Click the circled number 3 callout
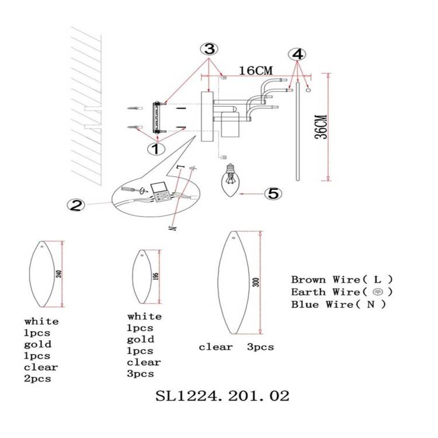209,50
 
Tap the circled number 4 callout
297,54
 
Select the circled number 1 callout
156,148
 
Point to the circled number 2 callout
76,206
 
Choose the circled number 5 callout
273,193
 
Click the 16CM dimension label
256,71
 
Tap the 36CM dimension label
321,127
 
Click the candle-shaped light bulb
231,180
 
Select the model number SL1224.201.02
222,396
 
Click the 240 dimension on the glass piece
58,274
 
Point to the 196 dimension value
156,276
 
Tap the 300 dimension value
258,283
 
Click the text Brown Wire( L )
342,280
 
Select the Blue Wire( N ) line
338,304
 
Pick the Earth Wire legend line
342,292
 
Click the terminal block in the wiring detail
161,192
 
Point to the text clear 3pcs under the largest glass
237,347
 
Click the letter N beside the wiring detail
173,228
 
